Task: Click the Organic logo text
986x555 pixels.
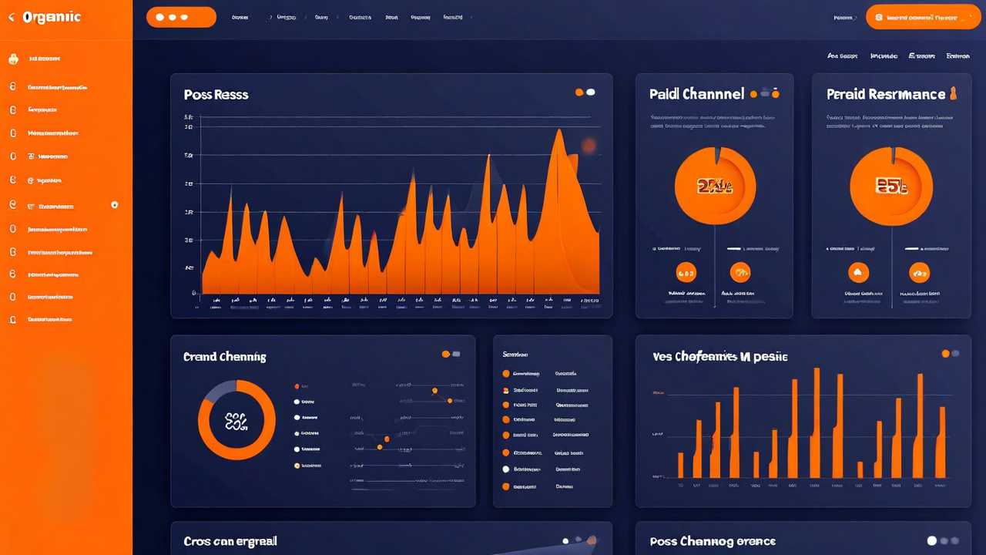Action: [x=52, y=18]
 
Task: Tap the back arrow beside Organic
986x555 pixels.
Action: [x=11, y=18]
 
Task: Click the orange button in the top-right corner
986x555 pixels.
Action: [x=923, y=17]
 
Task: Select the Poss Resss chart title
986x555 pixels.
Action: [x=216, y=95]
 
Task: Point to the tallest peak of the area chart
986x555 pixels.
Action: [x=558, y=133]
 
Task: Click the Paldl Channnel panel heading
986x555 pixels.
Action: [x=696, y=94]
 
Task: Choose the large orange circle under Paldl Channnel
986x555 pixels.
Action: [x=715, y=186]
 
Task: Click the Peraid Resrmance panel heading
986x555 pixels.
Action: [x=885, y=94]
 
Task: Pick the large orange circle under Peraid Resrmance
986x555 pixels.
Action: [x=891, y=186]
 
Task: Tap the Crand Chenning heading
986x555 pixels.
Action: [x=224, y=357]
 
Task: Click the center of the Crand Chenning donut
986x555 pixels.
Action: [x=236, y=420]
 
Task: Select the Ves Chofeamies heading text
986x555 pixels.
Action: [x=719, y=357]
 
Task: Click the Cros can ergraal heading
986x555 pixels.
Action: [x=230, y=542]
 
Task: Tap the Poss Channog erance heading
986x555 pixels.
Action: [x=712, y=542]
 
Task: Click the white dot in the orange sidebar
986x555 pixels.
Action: [x=115, y=205]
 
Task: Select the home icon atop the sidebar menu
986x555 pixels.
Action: [x=13, y=59]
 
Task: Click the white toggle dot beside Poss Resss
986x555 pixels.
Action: [x=591, y=92]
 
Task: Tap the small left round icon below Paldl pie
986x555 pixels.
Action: [x=685, y=271]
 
